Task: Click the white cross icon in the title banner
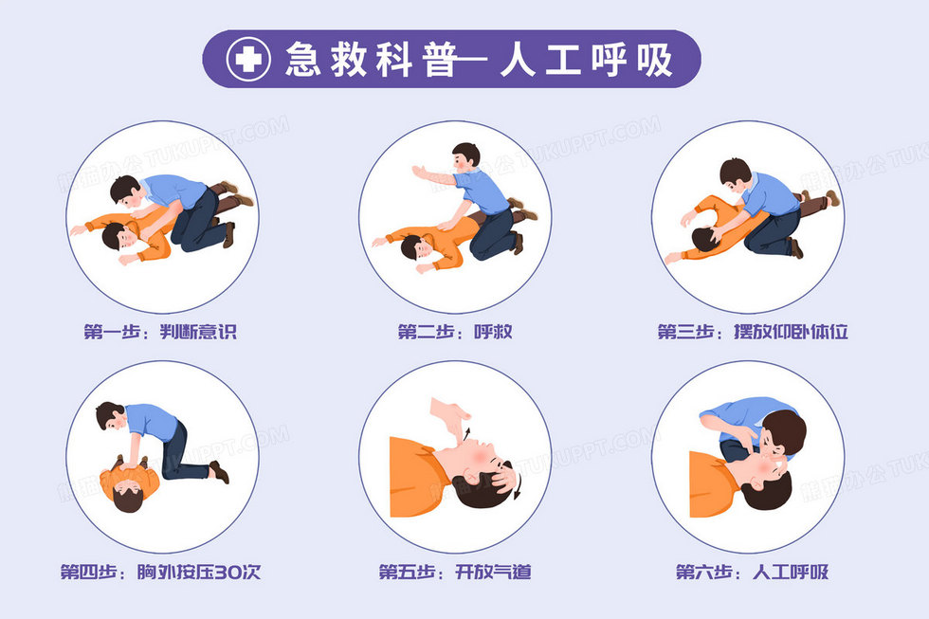coord(248,59)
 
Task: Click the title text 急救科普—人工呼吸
coord(480,59)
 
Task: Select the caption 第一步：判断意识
coord(160,332)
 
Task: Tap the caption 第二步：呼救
coord(455,332)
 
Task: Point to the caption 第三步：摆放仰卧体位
coord(753,332)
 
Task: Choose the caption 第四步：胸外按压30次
coord(160,573)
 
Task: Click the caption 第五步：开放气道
coord(455,573)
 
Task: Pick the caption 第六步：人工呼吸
coord(753,573)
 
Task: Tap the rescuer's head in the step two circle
coord(465,155)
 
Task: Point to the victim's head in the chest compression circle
coord(129,497)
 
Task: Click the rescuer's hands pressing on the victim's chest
coord(131,464)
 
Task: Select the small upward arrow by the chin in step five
coord(467,432)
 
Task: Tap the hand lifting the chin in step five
coord(450,416)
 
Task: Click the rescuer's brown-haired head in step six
coord(784,433)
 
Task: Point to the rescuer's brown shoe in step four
coord(219,471)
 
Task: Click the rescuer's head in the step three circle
coord(735,173)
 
